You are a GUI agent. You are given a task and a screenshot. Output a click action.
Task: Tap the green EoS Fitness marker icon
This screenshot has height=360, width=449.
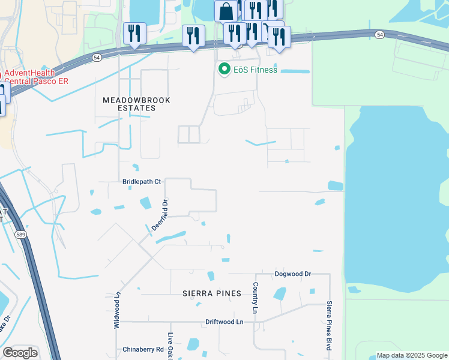click(x=224, y=70)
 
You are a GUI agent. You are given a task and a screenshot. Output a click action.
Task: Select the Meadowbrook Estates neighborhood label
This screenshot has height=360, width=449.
click(x=128, y=104)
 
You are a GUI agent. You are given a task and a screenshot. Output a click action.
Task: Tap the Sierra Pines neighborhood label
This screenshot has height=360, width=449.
click(x=212, y=293)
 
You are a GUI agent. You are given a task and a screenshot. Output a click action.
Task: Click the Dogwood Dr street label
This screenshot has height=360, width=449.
click(x=293, y=274)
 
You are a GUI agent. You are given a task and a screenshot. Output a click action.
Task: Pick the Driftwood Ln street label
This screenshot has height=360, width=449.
click(x=224, y=322)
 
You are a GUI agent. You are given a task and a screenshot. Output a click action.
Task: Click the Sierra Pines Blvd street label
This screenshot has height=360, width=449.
click(x=329, y=326)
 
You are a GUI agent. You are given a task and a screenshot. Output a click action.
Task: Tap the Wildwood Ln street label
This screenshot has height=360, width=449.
click(x=117, y=310)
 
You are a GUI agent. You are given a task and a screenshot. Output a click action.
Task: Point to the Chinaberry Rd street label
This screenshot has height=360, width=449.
click(x=143, y=349)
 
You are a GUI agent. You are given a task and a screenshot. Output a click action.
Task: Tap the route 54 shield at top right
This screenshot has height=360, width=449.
click(x=380, y=35)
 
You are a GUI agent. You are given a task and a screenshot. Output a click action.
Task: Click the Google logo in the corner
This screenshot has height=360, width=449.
click(x=20, y=353)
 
